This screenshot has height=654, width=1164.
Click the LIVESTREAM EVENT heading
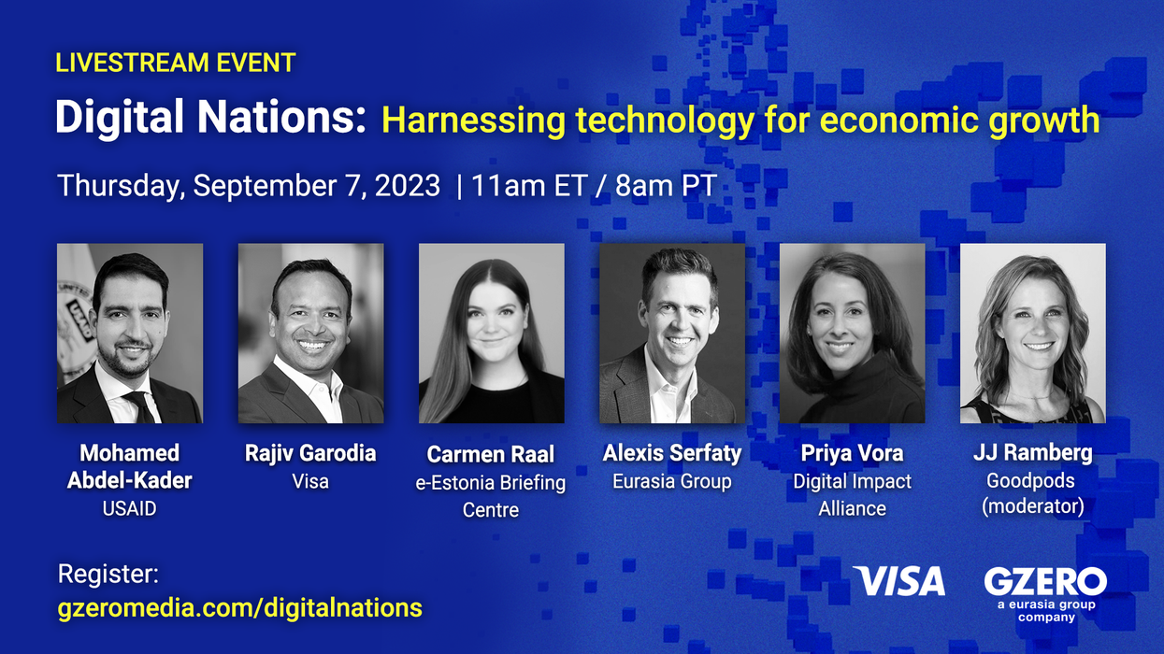pos(176,63)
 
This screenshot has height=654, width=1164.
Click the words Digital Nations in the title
pos(210,120)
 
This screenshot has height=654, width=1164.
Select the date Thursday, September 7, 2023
pos(249,185)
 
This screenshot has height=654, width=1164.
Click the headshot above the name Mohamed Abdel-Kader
pos(130,334)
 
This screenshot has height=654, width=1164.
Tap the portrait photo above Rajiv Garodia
pos(310,334)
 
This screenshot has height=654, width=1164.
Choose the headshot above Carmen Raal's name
pos(491,334)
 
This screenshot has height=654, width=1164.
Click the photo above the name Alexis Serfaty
pos(672,334)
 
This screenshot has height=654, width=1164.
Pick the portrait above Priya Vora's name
pos(852,334)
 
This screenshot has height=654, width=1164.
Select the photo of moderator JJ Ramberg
pos(1033,334)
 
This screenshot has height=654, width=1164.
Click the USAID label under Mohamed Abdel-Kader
pos(129,509)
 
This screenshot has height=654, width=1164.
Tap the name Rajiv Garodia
pos(310,454)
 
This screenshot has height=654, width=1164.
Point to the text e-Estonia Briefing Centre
pos(491,496)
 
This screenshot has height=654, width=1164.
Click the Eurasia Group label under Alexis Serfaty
pos(671,482)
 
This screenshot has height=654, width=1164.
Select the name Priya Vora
pos(852,454)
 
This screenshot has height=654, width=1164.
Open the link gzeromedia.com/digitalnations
pos(240,608)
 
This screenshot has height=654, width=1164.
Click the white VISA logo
pos(899,582)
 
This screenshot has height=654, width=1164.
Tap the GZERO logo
pos(1045,581)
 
